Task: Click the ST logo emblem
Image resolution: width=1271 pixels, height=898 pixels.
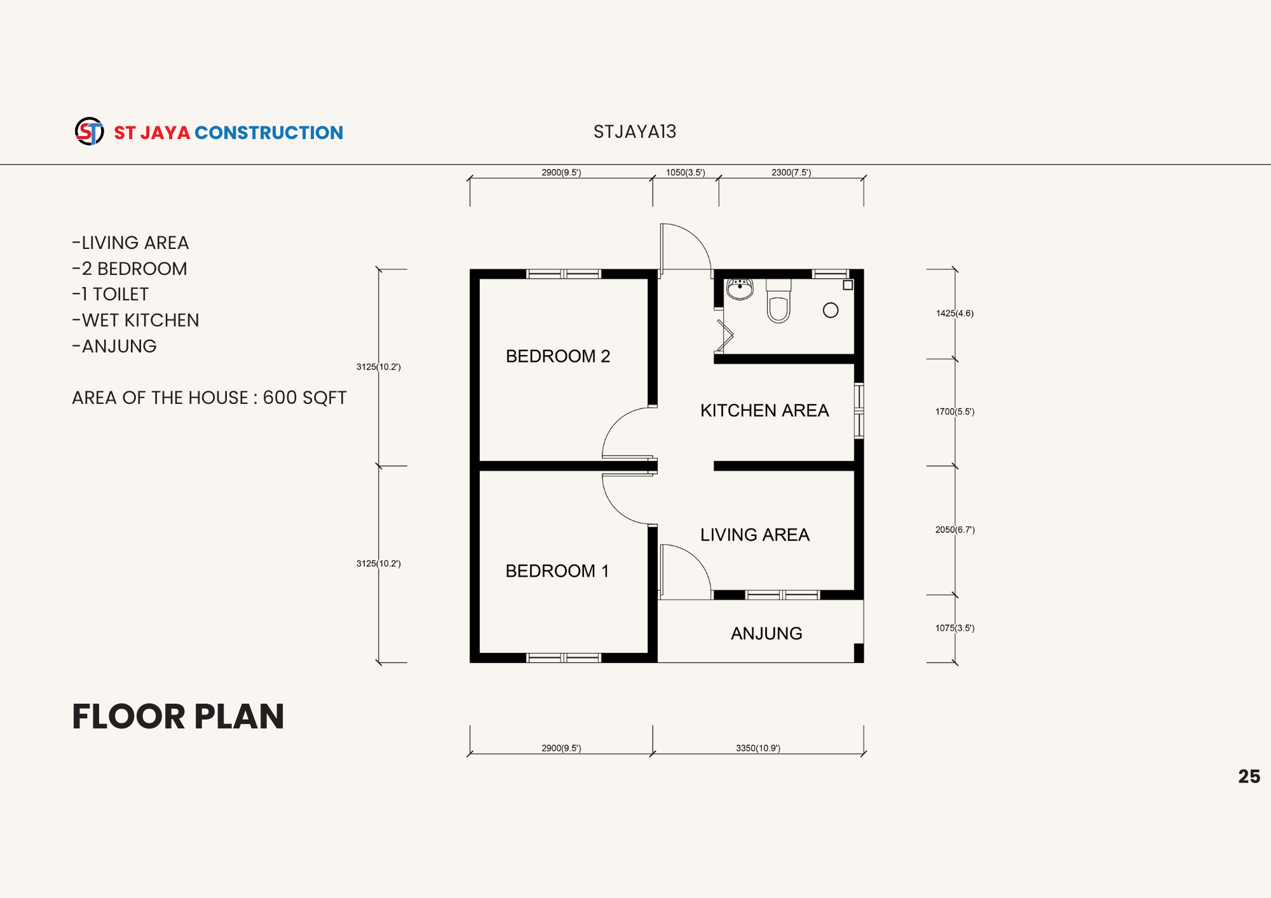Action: click(x=90, y=131)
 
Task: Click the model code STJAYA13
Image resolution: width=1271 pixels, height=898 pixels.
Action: click(x=635, y=131)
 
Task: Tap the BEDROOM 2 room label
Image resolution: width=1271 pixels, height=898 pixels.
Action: click(x=558, y=356)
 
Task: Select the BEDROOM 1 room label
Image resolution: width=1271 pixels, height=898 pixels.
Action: click(x=557, y=571)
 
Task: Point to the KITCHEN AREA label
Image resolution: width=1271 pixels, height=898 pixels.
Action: click(x=765, y=410)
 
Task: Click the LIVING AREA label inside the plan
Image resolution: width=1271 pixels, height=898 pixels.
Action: click(x=755, y=535)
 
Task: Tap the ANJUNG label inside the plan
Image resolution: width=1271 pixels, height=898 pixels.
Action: click(x=766, y=633)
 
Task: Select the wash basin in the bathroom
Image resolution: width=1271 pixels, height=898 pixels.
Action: click(x=740, y=289)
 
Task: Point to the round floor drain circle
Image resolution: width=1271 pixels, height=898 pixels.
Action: click(x=831, y=311)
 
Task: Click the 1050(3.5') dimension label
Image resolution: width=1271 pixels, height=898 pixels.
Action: click(x=686, y=172)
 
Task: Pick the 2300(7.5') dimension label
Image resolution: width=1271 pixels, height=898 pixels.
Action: click(x=791, y=172)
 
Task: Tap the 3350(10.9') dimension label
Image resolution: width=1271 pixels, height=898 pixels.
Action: click(x=758, y=748)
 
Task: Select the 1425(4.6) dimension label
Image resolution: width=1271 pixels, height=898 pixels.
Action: click(x=955, y=313)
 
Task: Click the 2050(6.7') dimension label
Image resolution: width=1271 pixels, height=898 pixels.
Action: click(x=955, y=530)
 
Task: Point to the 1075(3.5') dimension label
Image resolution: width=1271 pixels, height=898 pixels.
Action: click(x=955, y=628)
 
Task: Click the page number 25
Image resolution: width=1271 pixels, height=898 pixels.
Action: click(x=1249, y=777)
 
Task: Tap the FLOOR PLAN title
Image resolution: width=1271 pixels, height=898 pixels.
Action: click(x=178, y=716)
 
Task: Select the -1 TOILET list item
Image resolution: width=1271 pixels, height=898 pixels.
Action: click(x=111, y=295)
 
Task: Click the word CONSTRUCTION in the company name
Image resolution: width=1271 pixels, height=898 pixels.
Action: click(x=269, y=133)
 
